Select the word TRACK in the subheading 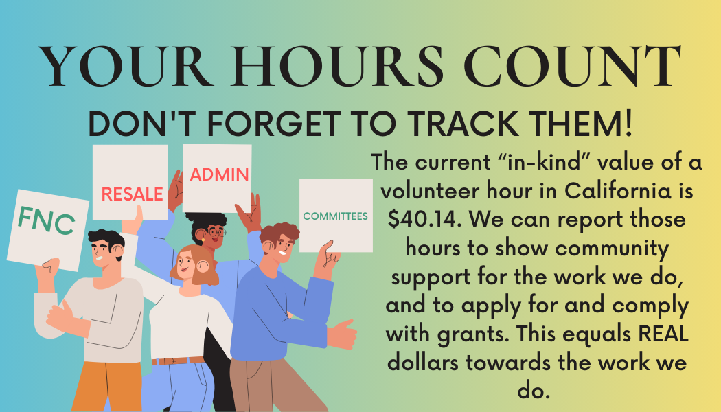click(x=463, y=124)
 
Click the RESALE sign click(x=130, y=183)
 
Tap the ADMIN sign click(x=218, y=178)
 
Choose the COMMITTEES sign click(x=336, y=216)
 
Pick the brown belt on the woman click(x=177, y=361)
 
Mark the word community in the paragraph click(x=612, y=249)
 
